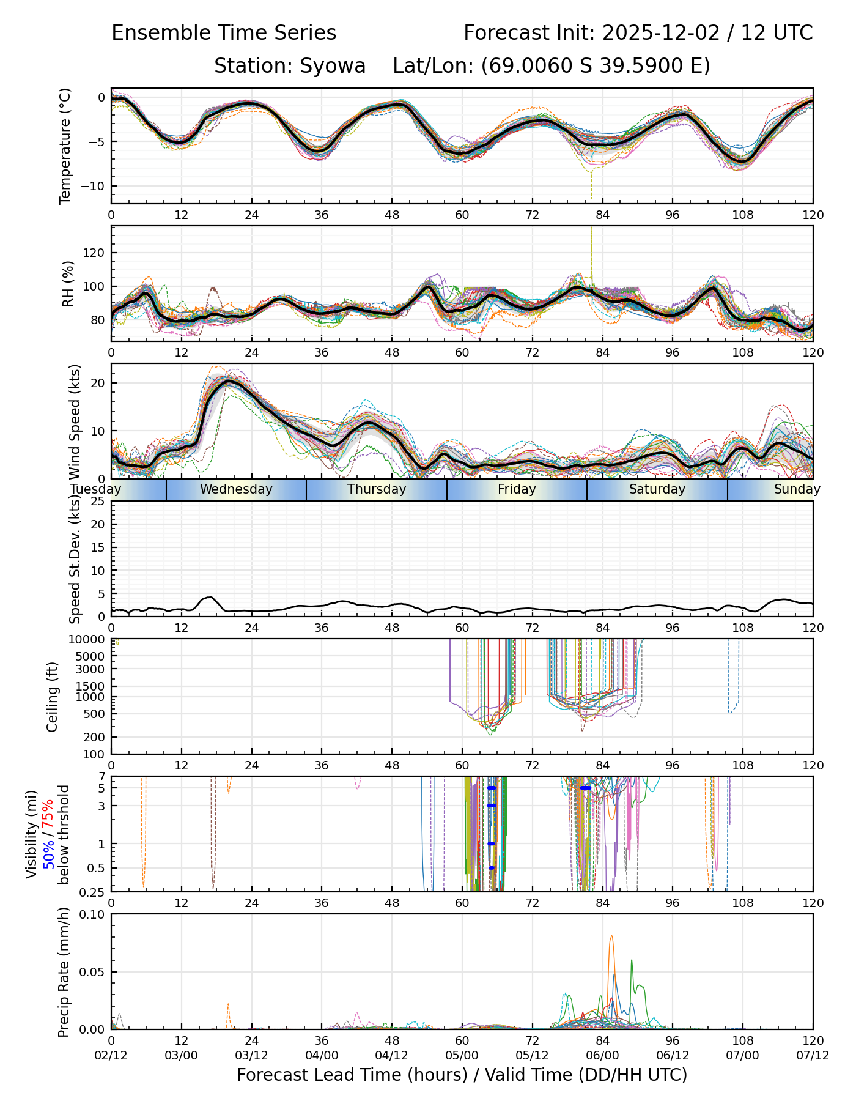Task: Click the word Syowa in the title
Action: pos(333,65)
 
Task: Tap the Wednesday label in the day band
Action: pos(236,489)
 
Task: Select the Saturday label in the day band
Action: pos(657,489)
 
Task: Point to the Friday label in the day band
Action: pos(517,489)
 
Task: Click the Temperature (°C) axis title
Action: pos(65,146)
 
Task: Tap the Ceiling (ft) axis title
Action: pos(53,697)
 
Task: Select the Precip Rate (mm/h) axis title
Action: pos(64,972)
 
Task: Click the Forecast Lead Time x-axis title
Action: pos(462,1075)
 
